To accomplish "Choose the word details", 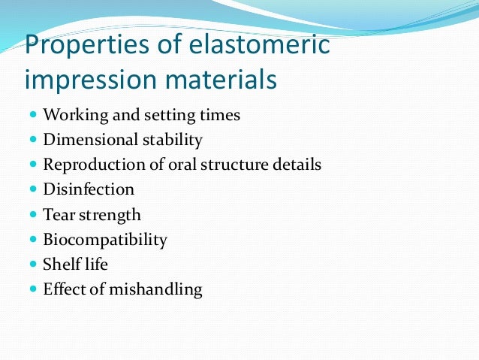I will tap(296, 165).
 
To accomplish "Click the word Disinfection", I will tap(89, 189).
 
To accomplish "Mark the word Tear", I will tap(59, 214).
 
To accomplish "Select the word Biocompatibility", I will tap(105, 240).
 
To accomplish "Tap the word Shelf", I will tap(62, 264).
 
